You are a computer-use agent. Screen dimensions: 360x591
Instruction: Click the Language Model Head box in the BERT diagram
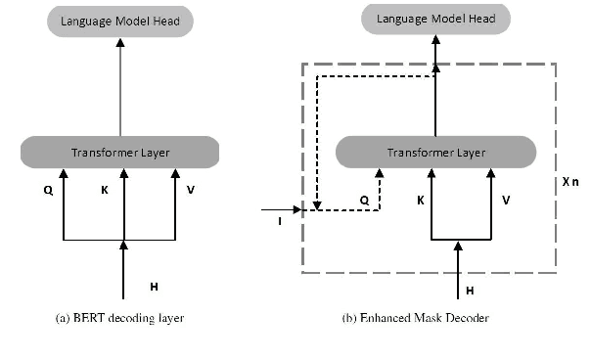121,20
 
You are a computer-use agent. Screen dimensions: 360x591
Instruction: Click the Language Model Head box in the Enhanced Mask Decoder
435,19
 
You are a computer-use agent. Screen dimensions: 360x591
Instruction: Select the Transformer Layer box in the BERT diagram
121,152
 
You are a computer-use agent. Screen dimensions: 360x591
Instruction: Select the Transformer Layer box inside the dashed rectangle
436,152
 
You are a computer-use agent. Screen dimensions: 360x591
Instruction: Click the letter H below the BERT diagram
154,286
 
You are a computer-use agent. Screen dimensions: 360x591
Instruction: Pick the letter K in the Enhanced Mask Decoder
420,199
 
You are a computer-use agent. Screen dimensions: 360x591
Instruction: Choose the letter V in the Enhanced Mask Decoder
505,199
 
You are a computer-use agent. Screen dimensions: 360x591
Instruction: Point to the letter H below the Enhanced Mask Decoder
471,291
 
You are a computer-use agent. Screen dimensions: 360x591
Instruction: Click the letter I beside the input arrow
280,223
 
